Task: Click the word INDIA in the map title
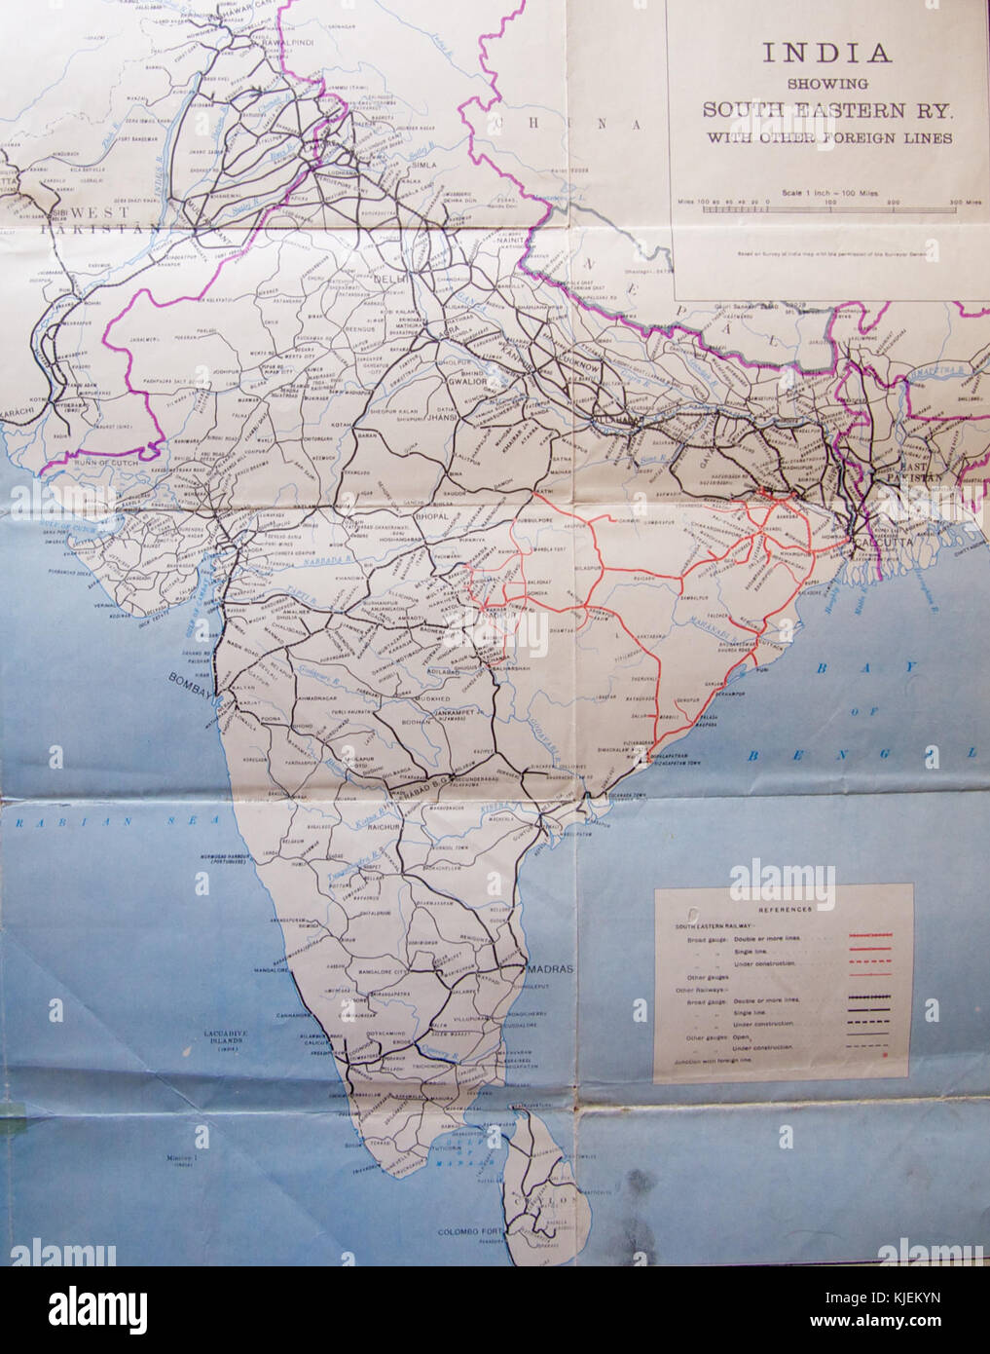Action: [x=826, y=54]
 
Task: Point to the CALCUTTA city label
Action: [x=880, y=542]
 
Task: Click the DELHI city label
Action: [x=391, y=280]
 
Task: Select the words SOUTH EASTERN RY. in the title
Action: [x=827, y=110]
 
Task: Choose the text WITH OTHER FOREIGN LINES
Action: [x=827, y=138]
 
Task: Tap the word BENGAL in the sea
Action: [x=857, y=755]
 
